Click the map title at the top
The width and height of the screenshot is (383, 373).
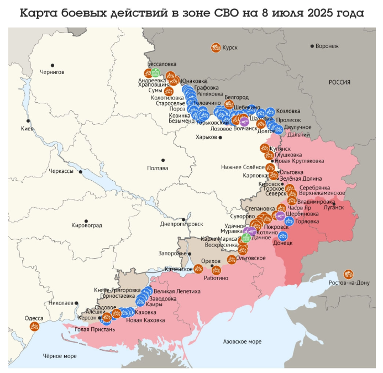point(191,12)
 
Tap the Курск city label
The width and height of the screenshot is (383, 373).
point(230,48)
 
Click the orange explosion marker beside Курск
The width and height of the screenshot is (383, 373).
point(216,48)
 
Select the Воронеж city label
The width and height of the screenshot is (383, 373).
point(328,46)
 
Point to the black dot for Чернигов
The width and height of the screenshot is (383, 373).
point(52,65)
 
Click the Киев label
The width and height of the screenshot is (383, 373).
point(27,129)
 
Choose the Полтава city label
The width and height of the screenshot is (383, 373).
point(158,168)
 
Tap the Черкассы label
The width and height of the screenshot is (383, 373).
point(61,171)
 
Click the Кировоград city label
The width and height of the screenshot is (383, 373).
point(87,225)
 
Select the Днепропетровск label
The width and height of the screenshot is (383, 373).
point(181,224)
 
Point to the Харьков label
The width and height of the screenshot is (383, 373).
point(206,137)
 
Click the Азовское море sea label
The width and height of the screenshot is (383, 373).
point(242,342)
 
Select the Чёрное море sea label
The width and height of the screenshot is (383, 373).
point(60,356)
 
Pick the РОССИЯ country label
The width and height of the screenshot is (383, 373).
point(339,82)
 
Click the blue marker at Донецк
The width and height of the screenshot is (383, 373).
point(282,235)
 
